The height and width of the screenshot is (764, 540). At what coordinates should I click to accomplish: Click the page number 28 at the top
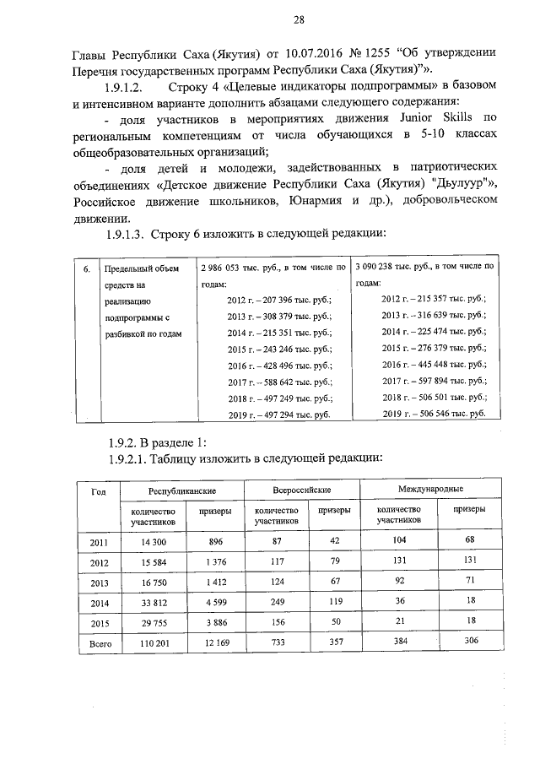click(274, 21)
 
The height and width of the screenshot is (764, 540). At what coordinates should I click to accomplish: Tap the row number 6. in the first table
click(87, 269)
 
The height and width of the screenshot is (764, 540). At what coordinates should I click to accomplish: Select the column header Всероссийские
click(302, 490)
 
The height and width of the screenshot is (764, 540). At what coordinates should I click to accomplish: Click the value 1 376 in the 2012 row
click(213, 561)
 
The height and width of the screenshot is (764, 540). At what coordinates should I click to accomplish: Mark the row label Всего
click(100, 643)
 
